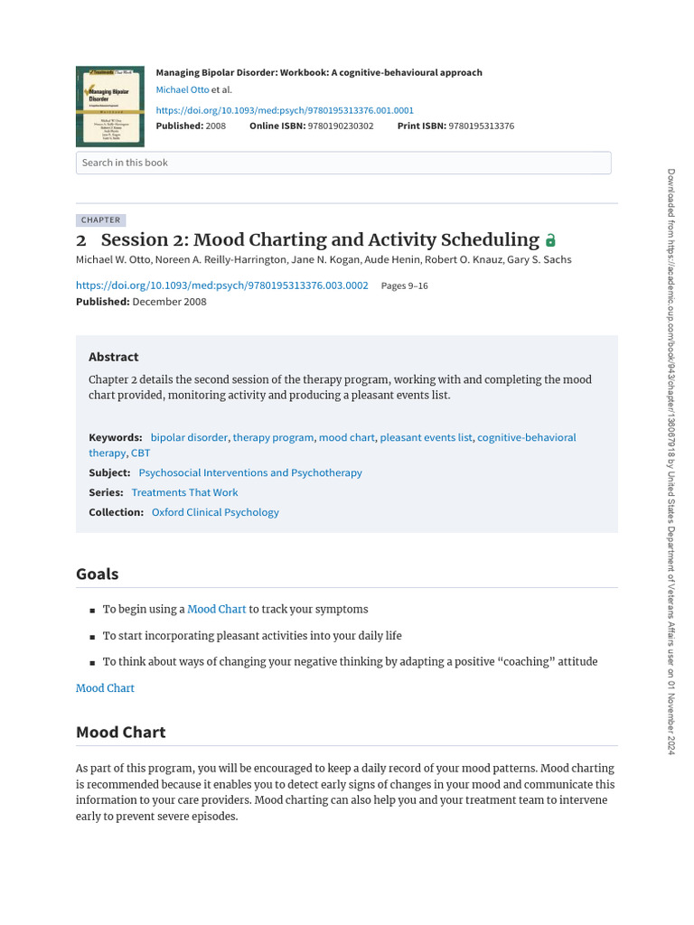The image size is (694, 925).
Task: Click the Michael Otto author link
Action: [183, 90]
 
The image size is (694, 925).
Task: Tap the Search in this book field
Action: [343, 163]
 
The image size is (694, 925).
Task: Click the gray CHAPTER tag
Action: [100, 220]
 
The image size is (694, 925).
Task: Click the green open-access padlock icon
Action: [551, 241]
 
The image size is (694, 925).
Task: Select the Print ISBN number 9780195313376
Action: [481, 126]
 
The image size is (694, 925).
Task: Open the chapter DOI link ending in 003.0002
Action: [221, 285]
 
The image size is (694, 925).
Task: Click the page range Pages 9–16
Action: [405, 285]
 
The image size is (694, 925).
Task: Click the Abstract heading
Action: [114, 357]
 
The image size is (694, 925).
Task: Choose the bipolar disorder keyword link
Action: [189, 437]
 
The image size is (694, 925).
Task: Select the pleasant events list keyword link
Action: [426, 437]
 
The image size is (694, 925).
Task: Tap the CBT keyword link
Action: [141, 453]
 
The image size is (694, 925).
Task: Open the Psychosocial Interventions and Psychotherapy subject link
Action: [250, 472]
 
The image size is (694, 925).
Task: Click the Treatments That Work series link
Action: [184, 492]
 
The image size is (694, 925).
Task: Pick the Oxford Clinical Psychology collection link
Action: [215, 512]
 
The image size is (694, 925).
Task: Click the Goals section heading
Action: [97, 575]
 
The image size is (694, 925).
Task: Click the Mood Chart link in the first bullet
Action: [217, 610]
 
